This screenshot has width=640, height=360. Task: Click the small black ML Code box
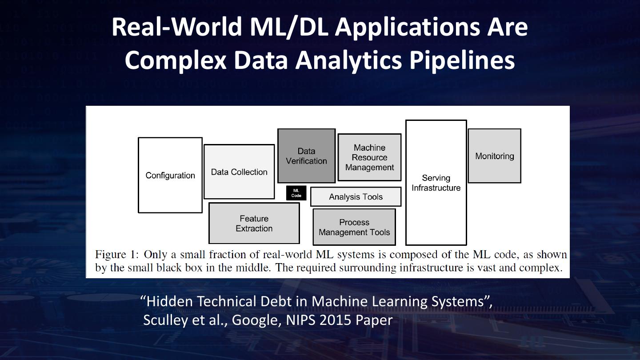tap(296, 193)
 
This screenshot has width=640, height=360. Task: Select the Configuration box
tap(170, 175)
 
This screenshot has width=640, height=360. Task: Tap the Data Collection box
tap(239, 172)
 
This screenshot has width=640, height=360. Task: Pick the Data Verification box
tap(306, 156)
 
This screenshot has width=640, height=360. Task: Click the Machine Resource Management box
tap(369, 157)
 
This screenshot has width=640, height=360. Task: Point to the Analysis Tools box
tap(356, 197)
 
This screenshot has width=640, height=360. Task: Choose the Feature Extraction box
tap(254, 223)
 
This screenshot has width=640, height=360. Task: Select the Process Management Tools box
tap(354, 227)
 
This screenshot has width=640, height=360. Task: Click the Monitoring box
tap(494, 156)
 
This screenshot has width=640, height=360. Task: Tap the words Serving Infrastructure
tap(436, 183)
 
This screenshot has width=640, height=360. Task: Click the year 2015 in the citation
tap(336, 320)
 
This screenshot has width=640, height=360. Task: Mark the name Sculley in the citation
tap(165, 320)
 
